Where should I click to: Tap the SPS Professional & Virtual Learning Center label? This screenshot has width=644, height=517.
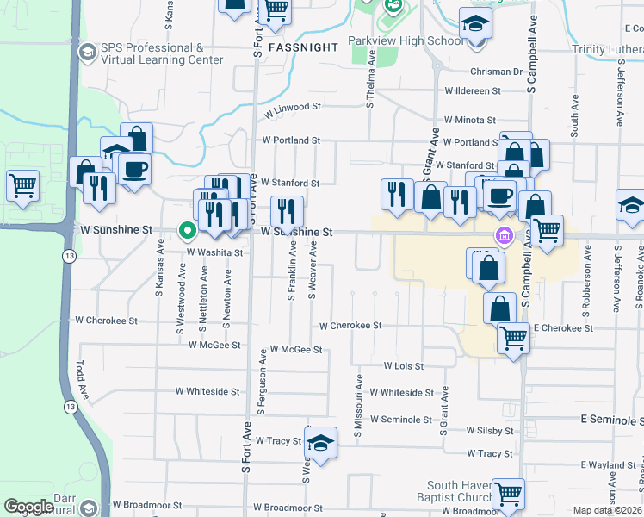[x=152, y=53]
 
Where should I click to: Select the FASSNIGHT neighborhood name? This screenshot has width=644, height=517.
[x=302, y=47]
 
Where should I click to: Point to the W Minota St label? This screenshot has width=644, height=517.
[x=469, y=121]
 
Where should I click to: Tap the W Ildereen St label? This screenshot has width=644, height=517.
[x=473, y=90]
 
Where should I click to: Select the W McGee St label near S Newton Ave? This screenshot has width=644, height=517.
[x=214, y=345]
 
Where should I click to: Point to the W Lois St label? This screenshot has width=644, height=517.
[x=404, y=366]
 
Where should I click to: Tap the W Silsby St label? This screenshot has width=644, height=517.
[x=490, y=430]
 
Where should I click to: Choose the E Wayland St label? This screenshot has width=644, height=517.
[x=609, y=465]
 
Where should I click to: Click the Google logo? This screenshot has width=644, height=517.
[x=28, y=507]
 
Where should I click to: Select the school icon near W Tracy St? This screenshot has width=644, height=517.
[x=320, y=443]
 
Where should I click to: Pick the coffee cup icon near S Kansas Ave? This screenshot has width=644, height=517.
[x=135, y=168]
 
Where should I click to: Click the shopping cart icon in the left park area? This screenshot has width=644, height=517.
[x=22, y=184]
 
